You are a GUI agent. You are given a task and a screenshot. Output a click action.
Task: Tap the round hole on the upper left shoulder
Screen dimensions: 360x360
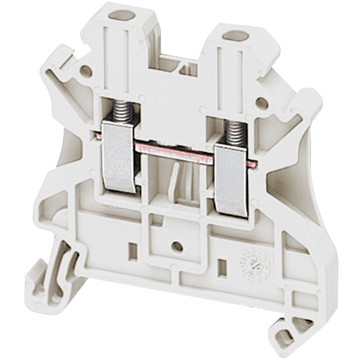click(85, 70)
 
